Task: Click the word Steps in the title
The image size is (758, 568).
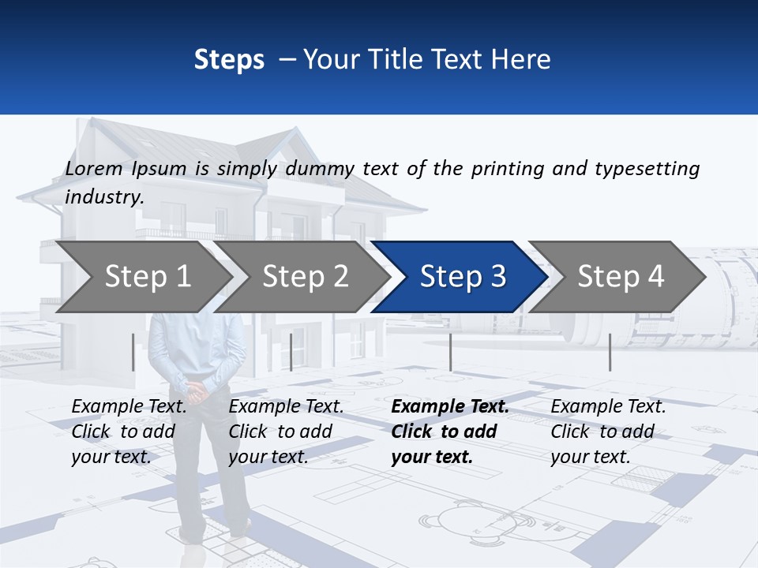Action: [229, 60]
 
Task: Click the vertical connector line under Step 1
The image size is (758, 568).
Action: [133, 352]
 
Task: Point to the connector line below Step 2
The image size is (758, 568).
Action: [291, 352]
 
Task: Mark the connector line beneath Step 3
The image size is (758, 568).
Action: [450, 352]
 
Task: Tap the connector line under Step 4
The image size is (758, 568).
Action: [610, 352]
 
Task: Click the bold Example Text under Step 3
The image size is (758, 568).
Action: [450, 407]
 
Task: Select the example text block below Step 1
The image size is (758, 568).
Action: [129, 432]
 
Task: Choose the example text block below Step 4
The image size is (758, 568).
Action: [608, 432]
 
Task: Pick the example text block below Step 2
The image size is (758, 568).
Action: [286, 432]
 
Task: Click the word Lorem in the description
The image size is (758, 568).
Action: [94, 169]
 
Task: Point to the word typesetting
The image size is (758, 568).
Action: [647, 169]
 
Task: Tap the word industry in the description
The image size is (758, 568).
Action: [103, 197]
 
